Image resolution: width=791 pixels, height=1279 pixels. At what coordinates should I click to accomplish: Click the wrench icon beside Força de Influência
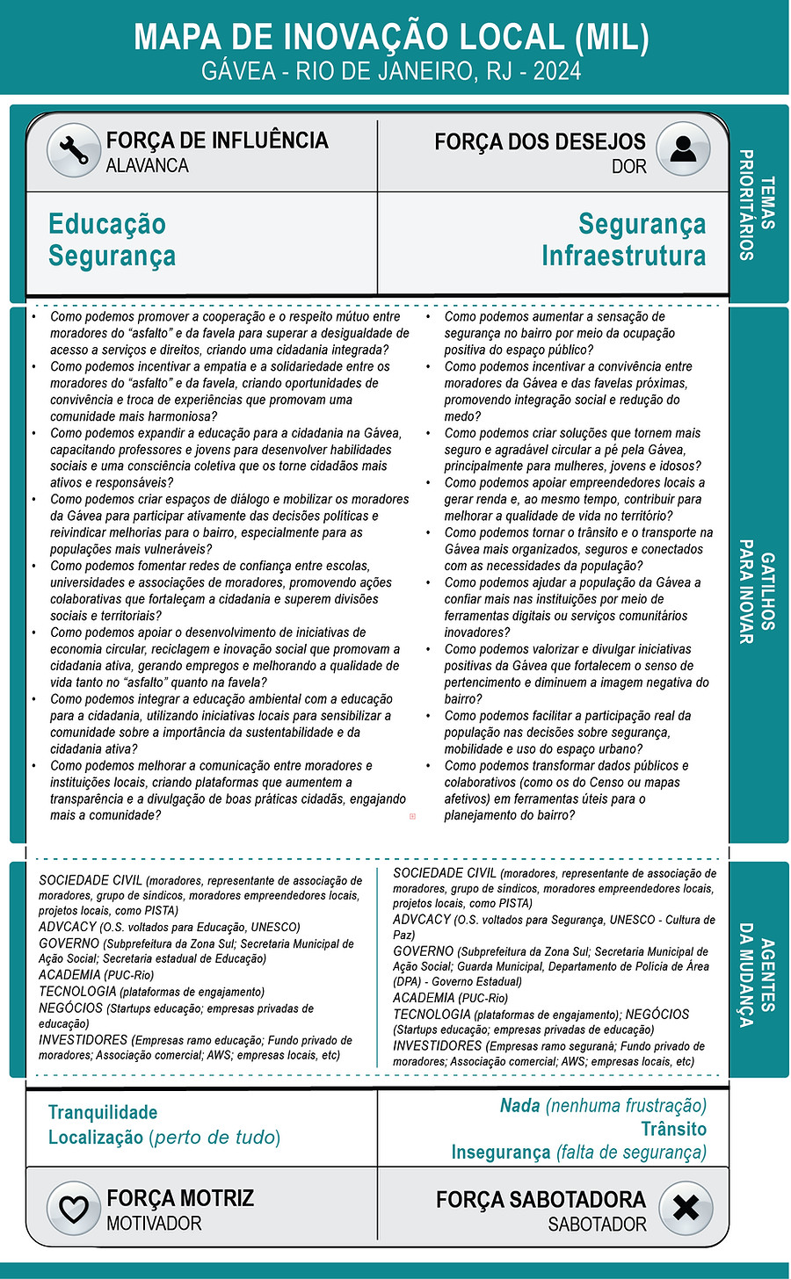tap(74, 151)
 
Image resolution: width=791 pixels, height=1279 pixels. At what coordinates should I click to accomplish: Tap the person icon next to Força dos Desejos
tap(683, 151)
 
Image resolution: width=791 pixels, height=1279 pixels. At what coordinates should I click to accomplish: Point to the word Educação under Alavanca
tap(107, 224)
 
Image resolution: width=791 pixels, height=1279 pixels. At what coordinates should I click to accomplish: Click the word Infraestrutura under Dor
tap(623, 256)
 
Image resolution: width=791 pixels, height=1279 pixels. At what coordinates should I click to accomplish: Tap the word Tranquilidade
tap(103, 1112)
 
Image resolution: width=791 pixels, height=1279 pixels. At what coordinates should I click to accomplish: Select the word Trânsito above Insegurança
tap(673, 1129)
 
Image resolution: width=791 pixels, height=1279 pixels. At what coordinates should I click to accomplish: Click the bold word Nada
tap(519, 1105)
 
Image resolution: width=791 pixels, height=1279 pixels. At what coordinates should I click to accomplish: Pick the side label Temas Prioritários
tap(757, 205)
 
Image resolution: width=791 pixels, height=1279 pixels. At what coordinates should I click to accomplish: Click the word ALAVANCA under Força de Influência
tap(147, 165)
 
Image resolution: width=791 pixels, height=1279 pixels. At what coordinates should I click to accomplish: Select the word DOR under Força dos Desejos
tap(628, 166)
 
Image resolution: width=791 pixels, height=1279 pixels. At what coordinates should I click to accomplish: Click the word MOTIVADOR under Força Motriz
tap(154, 1223)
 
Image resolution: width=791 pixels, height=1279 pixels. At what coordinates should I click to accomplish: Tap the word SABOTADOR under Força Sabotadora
tap(597, 1224)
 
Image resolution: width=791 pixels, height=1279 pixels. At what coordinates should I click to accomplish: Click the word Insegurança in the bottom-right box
tap(501, 1152)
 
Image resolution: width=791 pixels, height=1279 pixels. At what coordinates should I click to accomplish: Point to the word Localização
tap(96, 1138)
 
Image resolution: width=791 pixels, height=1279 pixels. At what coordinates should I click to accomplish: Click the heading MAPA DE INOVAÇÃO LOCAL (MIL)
tap(392, 37)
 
